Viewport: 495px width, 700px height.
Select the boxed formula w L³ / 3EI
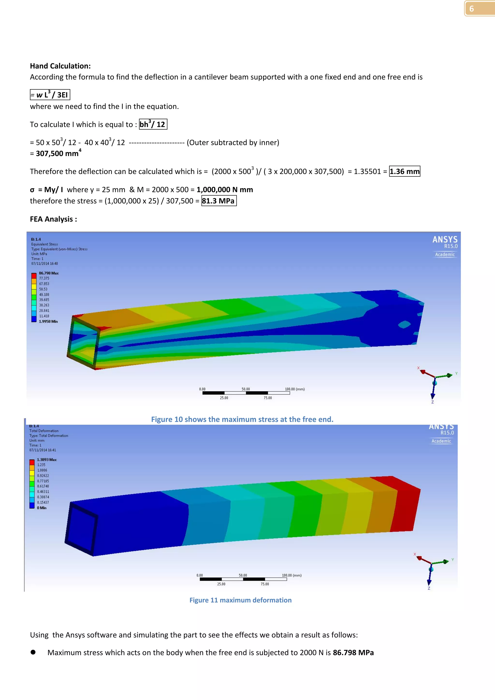point(50,95)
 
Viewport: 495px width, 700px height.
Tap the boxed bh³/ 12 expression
point(153,124)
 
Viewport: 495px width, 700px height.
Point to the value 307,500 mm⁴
point(58,153)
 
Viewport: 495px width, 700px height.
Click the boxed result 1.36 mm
point(404,171)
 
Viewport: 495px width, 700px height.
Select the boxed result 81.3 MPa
point(218,201)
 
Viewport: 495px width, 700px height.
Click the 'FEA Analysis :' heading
point(53,219)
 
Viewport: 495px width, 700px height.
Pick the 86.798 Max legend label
point(49,273)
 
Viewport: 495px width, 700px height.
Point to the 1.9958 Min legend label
point(48,321)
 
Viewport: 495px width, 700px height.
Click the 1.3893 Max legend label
point(47,459)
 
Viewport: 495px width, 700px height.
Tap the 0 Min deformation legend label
point(42,508)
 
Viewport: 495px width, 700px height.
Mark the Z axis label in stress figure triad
point(432,402)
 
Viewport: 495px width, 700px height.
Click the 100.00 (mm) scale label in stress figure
point(294,389)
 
